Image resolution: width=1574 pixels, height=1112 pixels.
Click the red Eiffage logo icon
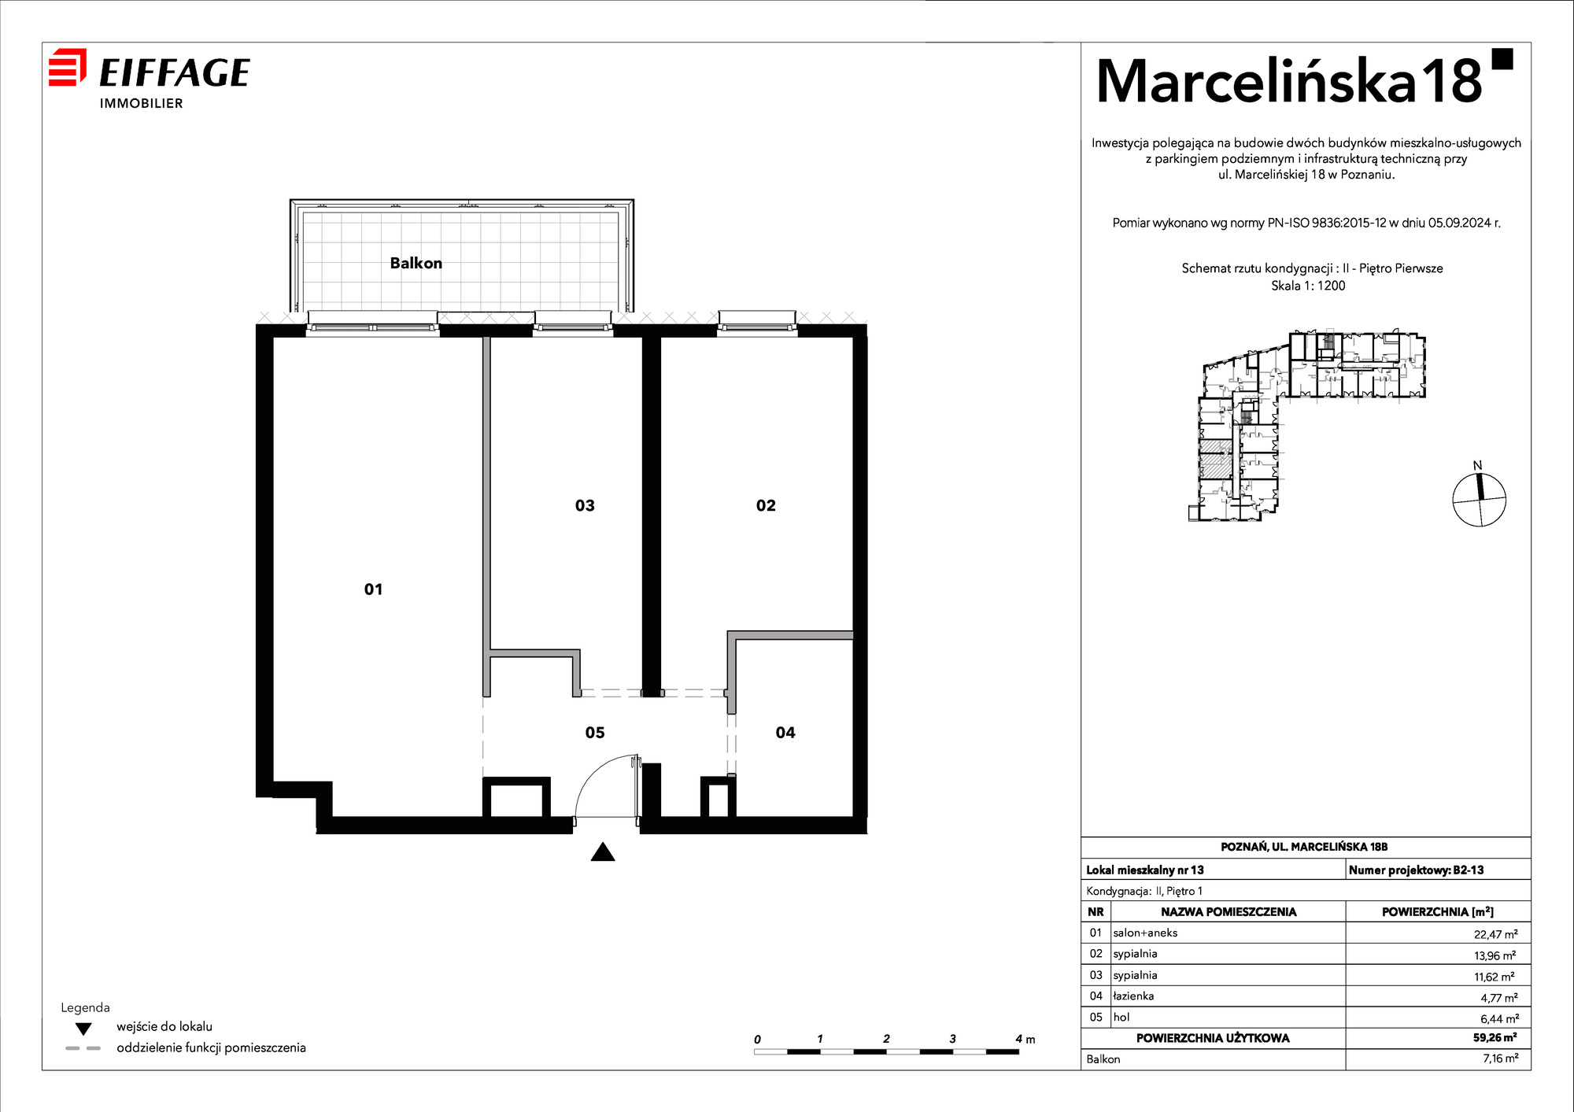point(68,67)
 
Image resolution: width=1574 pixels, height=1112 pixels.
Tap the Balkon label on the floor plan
point(416,263)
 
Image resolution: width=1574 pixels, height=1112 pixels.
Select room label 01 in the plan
point(373,589)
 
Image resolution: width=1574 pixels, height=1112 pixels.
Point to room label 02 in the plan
point(766,505)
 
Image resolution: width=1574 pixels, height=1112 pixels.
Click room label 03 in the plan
point(585,505)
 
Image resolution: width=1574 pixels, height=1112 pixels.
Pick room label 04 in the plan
point(785,733)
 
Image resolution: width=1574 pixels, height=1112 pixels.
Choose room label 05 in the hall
point(595,733)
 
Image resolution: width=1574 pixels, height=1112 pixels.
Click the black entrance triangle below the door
point(603,852)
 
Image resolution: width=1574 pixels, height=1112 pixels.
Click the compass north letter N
point(1477,465)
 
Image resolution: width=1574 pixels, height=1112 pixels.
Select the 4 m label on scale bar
point(1025,1039)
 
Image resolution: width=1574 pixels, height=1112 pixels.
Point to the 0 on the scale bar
point(757,1040)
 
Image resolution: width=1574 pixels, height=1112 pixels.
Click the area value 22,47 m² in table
point(1495,934)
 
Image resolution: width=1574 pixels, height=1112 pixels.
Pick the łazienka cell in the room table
point(1133,996)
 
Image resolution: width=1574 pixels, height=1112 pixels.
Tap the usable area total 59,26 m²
point(1495,1037)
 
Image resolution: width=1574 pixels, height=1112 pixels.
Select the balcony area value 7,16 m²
point(1500,1058)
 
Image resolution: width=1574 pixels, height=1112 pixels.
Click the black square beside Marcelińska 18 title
point(1502,59)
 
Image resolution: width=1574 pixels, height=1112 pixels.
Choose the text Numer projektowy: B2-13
point(1416,870)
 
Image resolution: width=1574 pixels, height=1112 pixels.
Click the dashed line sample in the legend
point(83,1048)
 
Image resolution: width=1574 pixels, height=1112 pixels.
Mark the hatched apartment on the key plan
point(1215,459)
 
